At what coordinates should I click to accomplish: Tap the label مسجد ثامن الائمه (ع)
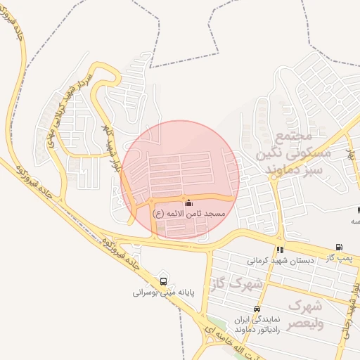click(x=188, y=213)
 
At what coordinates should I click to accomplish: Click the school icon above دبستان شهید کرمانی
click(x=280, y=250)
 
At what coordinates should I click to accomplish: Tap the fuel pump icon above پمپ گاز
click(x=340, y=247)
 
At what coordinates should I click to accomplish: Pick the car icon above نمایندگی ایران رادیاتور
click(x=257, y=309)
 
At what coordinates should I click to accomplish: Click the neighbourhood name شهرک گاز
click(x=236, y=284)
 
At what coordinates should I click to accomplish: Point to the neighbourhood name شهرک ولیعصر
click(x=305, y=314)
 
